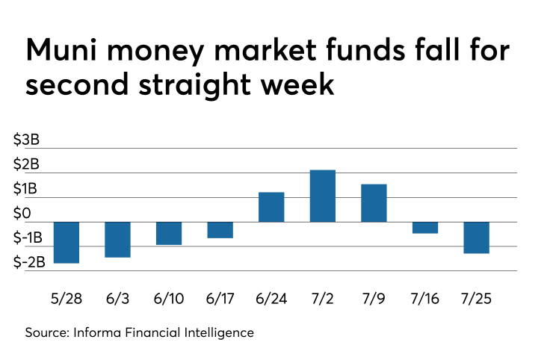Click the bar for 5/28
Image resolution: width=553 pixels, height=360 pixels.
tap(66, 243)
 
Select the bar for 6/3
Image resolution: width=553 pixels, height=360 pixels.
tap(117, 240)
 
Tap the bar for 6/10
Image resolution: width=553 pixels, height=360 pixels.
tap(169, 233)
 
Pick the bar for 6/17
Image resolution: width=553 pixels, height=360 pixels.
tap(220, 230)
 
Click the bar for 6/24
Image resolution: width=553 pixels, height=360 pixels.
tap(271, 207)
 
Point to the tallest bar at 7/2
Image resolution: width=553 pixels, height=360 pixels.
tap(323, 196)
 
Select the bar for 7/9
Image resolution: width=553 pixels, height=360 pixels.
tap(374, 202)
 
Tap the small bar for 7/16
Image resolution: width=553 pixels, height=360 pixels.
tap(425, 228)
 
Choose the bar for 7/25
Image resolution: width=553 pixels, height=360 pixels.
tap(476, 238)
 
